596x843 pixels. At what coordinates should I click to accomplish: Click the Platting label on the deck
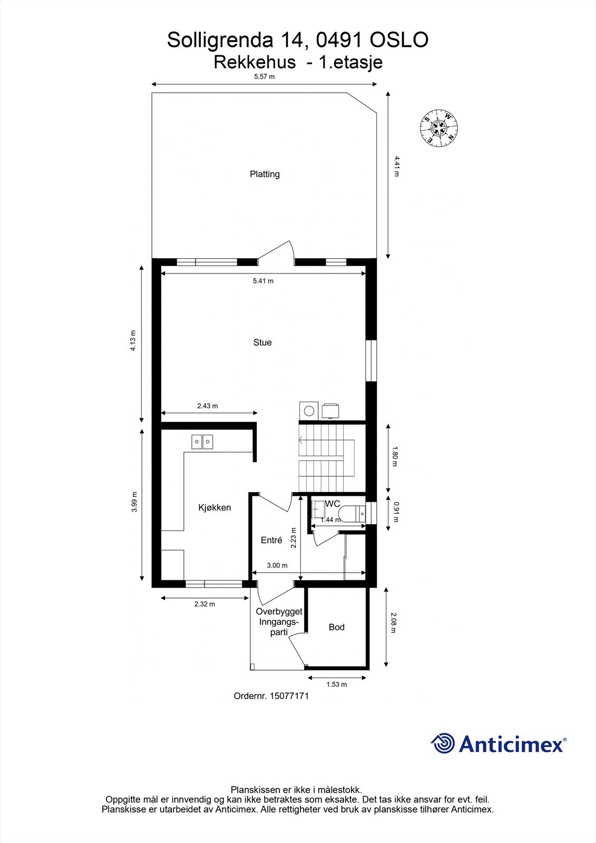(265, 174)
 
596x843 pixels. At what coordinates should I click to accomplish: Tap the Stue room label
(262, 342)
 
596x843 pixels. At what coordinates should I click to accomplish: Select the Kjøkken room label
(214, 508)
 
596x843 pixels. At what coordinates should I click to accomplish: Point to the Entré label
(271, 540)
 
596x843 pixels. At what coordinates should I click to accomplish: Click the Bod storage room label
(336, 627)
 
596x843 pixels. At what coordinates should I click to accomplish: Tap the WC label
(332, 504)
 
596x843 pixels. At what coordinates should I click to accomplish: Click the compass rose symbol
(439, 127)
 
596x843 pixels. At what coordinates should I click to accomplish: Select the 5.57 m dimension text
(265, 76)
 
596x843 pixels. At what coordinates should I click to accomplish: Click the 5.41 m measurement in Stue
(263, 281)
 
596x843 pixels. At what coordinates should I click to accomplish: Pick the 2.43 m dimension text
(208, 406)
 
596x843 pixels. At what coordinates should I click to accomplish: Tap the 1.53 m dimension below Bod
(336, 684)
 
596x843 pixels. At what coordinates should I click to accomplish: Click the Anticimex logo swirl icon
(443, 743)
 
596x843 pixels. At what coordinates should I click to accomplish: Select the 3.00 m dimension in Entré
(277, 565)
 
